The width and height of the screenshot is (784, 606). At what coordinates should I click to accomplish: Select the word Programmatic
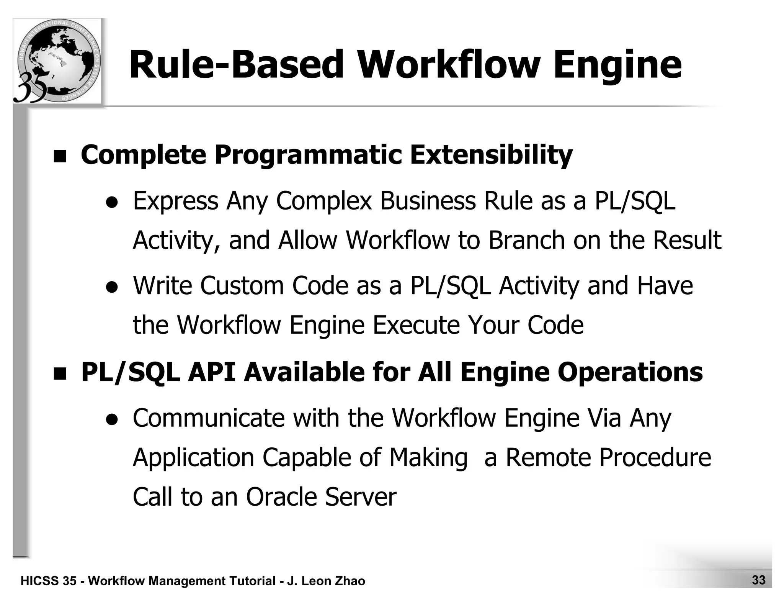click(x=308, y=155)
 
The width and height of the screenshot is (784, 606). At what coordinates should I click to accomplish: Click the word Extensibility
click(x=491, y=155)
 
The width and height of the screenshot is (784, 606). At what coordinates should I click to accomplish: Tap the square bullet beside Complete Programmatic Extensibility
click(x=60, y=157)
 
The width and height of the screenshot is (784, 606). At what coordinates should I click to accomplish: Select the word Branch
click(x=526, y=240)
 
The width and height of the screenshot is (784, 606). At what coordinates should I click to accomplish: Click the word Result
click(x=687, y=240)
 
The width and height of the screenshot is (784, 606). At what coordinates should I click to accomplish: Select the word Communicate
click(x=209, y=418)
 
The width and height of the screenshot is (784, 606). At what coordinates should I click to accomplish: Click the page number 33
click(x=759, y=580)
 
